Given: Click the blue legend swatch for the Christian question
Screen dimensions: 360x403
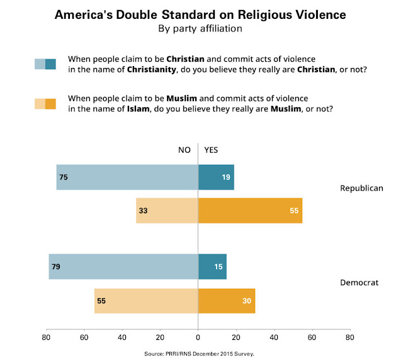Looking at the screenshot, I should coord(45,63).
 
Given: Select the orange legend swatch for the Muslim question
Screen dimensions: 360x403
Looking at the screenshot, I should coord(45,104).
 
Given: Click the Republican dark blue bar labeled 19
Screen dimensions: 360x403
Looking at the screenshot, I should coord(216,177).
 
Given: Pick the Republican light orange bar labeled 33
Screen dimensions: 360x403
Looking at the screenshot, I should coord(167,210).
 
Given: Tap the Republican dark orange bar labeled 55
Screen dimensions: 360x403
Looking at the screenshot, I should coord(250,210).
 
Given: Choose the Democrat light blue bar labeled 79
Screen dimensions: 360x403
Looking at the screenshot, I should coord(123,267).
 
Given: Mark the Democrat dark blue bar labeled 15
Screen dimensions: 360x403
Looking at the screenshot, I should coord(212,267).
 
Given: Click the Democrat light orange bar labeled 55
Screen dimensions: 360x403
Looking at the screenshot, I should coord(146,301).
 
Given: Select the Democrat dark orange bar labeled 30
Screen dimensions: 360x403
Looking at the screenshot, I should coord(227,301).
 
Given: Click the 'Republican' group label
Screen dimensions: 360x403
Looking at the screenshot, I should coord(361,188).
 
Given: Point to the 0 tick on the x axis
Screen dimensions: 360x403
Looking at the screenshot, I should coord(198,337).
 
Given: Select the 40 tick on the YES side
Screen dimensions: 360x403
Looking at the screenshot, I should coord(273,337).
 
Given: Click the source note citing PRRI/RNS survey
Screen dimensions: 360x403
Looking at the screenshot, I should coord(201,354).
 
